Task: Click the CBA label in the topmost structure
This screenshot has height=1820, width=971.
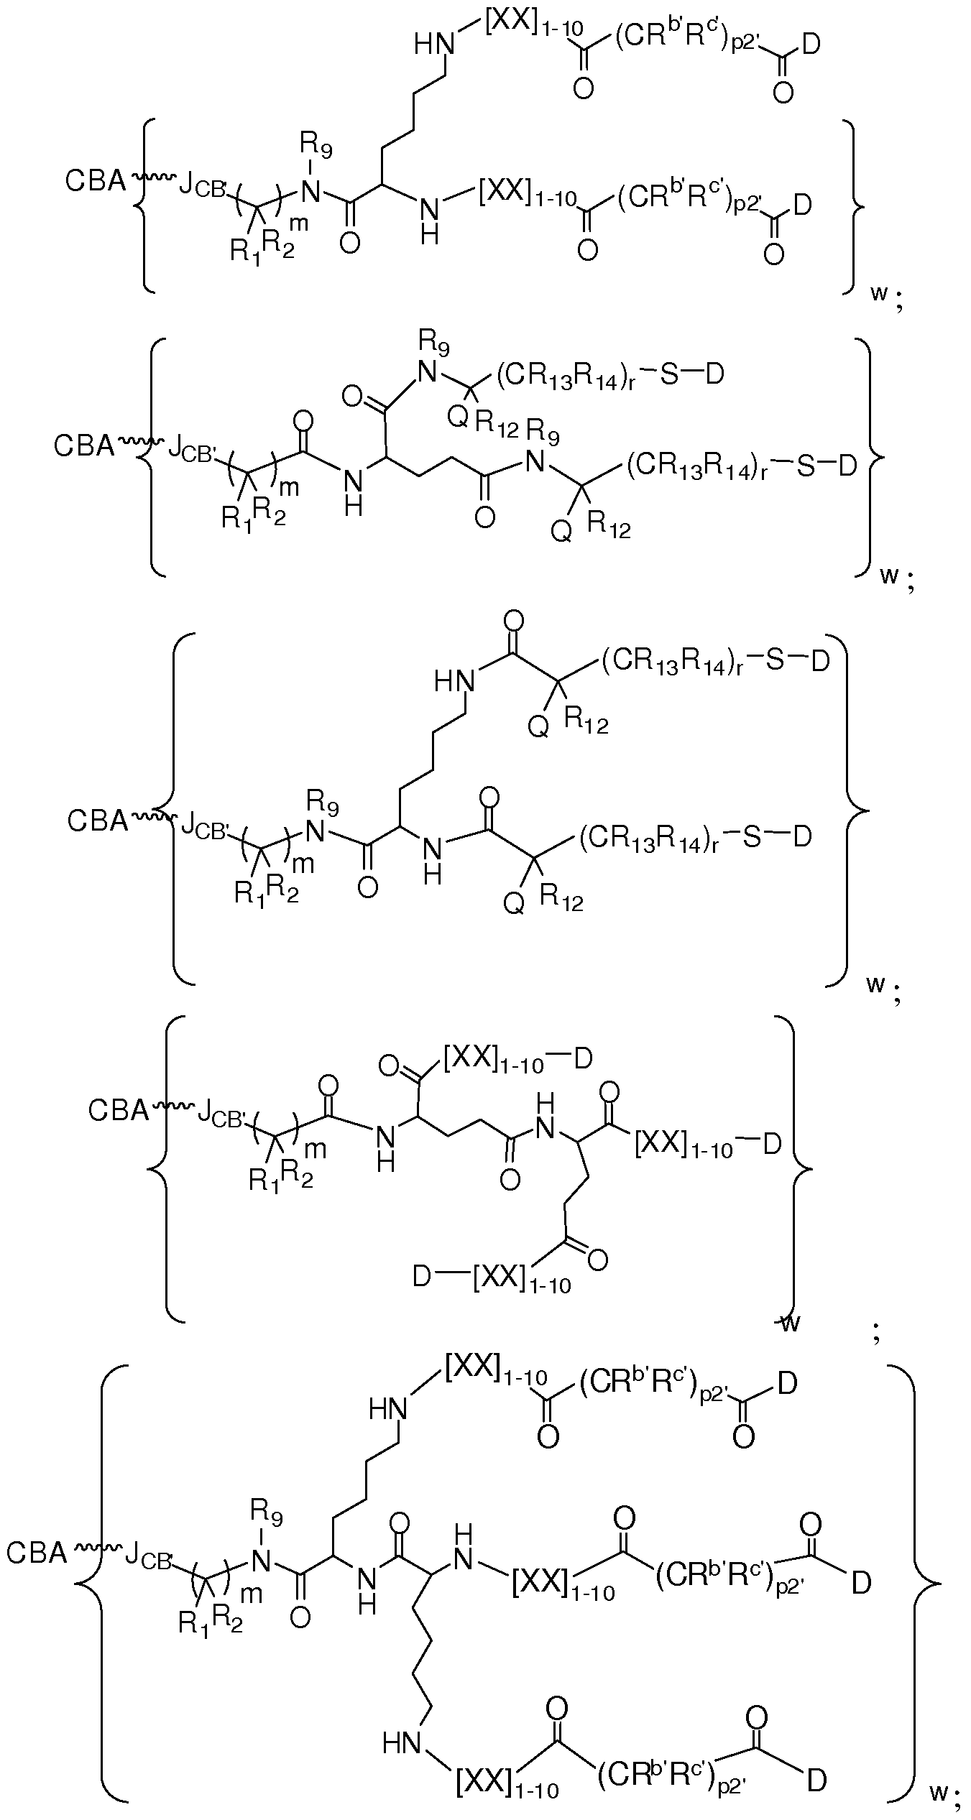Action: [x=95, y=181]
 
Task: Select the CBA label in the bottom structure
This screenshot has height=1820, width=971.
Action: [x=37, y=1553]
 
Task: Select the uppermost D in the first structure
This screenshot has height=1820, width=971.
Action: [x=809, y=45]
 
